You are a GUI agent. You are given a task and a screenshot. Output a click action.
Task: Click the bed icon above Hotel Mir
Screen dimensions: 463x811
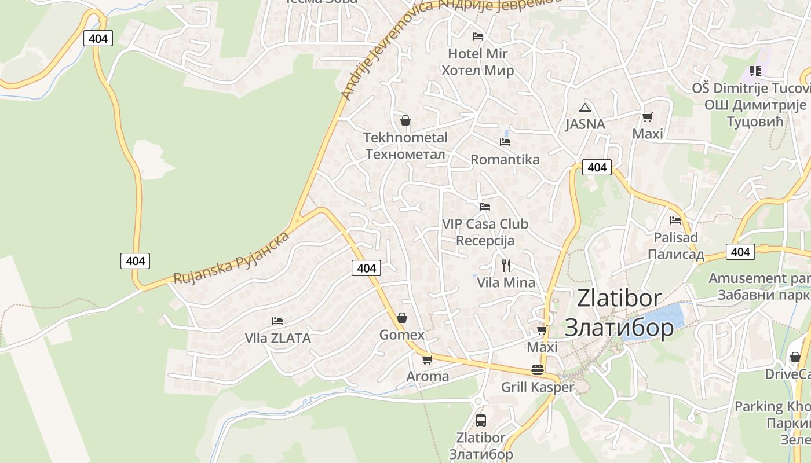pos(478,36)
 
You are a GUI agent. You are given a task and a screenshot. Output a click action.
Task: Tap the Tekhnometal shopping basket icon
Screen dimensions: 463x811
pos(405,120)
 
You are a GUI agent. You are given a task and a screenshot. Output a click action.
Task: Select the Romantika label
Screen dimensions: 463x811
pos(505,160)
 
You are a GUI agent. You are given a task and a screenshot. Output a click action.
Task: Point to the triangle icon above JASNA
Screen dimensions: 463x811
pos(585,108)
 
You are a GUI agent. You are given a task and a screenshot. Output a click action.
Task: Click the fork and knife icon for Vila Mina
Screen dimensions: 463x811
pos(506,266)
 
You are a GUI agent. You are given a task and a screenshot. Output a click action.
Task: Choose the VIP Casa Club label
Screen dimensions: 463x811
pos(485,224)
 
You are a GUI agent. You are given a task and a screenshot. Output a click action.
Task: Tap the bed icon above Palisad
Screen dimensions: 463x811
pos(675,221)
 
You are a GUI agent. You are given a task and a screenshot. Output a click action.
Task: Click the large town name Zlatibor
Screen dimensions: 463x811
pos(619,299)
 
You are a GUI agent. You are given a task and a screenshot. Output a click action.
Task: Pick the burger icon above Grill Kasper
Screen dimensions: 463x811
pos(538,370)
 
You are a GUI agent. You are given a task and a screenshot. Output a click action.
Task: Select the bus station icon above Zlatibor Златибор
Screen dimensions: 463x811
pos(481,421)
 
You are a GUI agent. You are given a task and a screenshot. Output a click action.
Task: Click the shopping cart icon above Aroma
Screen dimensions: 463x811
pos(428,360)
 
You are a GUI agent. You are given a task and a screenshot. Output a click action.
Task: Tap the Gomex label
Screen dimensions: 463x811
pos(402,335)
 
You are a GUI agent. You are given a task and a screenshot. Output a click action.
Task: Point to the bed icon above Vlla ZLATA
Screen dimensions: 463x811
pos(277,321)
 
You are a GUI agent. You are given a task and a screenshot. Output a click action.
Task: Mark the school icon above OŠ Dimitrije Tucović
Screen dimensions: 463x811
pos(755,71)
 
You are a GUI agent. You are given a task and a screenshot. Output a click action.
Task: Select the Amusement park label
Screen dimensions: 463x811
pos(759,278)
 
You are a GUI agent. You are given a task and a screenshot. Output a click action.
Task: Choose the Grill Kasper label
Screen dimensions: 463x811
pos(537,387)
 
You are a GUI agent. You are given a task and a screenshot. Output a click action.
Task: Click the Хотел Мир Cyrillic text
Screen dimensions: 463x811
pos(478,71)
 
